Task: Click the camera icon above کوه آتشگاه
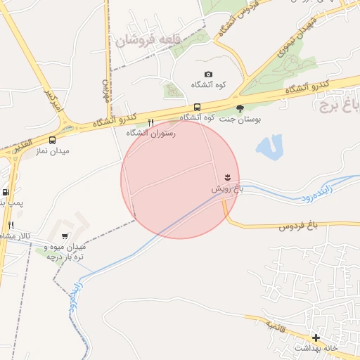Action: point(208,75)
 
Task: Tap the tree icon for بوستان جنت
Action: point(240,108)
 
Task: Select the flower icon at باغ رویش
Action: point(227,176)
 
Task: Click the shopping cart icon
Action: point(65,236)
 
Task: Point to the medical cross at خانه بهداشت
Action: point(316,337)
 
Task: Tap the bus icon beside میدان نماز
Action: point(53,139)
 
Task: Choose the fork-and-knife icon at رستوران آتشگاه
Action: point(150,122)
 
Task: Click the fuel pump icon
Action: point(6,192)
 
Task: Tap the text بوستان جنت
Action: point(240,120)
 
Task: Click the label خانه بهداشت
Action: point(316,348)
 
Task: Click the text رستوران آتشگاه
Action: point(150,132)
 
